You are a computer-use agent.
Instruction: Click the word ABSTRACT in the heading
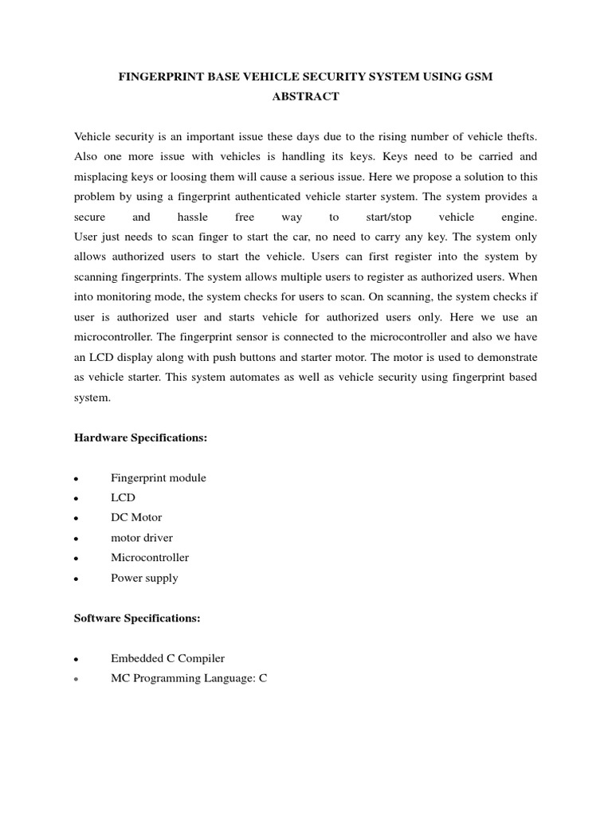coord(305,96)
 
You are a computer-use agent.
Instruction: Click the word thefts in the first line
coord(519,136)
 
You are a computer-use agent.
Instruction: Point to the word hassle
coord(186,217)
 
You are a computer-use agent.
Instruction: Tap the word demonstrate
coord(505,356)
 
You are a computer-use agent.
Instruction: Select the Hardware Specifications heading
coord(140,437)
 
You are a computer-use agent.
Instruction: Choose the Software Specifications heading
coord(137,618)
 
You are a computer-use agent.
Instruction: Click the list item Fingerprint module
coord(158,478)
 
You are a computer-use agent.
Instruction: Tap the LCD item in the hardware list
coord(123,498)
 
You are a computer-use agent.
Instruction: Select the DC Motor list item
coord(135,518)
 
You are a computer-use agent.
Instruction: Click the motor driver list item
coord(141,538)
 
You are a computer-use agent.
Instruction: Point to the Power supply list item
coord(144,578)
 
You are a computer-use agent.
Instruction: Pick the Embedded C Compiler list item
coord(167,658)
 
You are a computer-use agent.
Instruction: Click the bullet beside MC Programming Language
coord(75,680)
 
